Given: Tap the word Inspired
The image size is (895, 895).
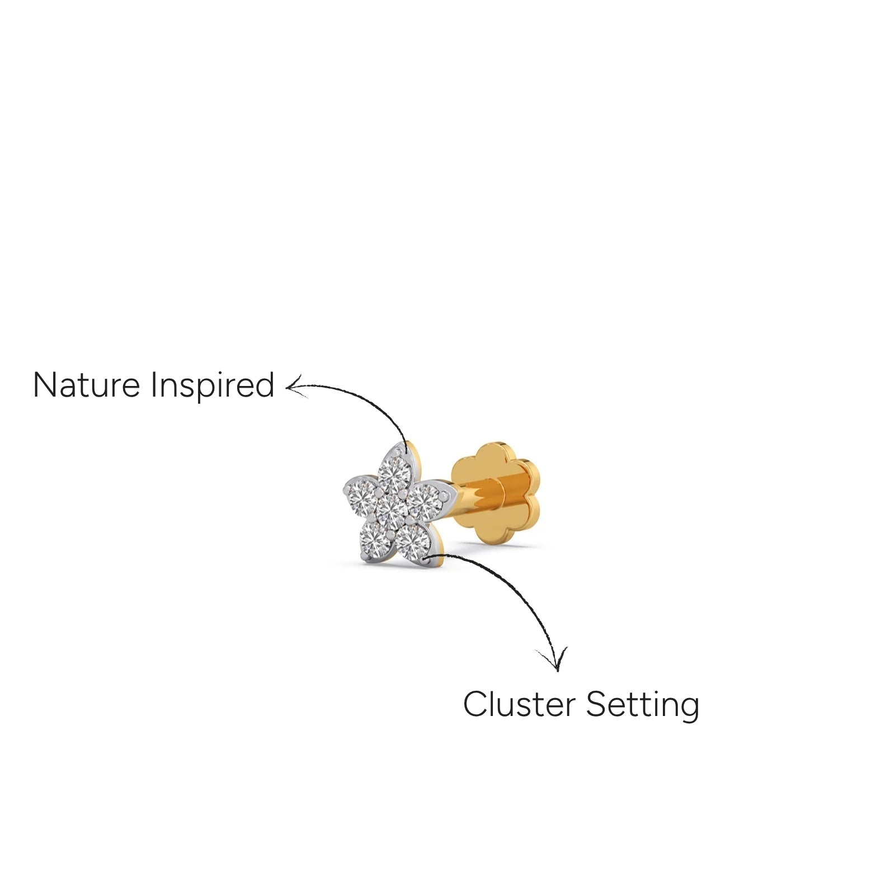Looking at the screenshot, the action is [x=213, y=386].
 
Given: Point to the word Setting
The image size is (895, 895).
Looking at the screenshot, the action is [x=643, y=705].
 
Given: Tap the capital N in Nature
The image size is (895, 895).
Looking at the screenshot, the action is [x=45, y=385].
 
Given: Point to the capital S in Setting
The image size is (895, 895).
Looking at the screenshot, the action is [x=596, y=704].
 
